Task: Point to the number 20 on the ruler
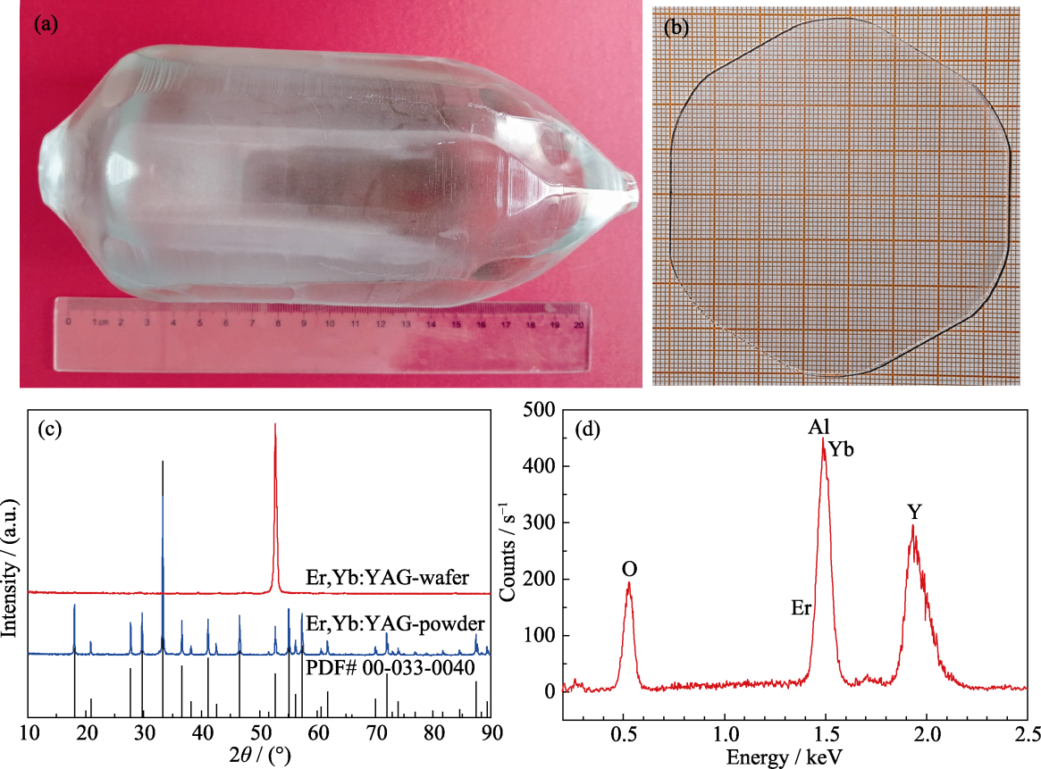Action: point(579,326)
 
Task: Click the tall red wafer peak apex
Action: point(275,425)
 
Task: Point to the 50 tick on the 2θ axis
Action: point(260,734)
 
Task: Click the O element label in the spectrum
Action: point(629,569)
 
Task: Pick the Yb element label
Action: point(841,450)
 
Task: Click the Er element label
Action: point(800,608)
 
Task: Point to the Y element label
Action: point(915,512)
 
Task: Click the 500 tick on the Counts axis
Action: point(540,410)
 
